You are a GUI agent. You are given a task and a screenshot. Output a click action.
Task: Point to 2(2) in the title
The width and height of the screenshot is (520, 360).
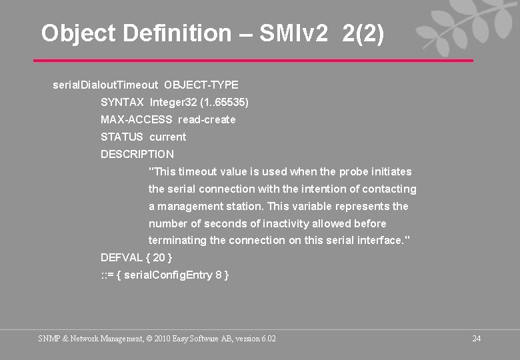tap(363, 33)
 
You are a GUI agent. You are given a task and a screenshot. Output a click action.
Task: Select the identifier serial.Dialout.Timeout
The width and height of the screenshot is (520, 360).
tap(105, 85)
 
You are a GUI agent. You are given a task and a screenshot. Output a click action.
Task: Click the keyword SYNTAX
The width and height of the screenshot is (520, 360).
tap(122, 102)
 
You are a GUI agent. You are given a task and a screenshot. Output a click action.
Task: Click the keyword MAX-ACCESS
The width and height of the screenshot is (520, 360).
tap(136, 119)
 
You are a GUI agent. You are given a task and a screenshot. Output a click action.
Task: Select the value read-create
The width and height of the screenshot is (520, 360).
tap(207, 119)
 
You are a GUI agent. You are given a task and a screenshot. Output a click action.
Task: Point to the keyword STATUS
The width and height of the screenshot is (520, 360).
tap(122, 137)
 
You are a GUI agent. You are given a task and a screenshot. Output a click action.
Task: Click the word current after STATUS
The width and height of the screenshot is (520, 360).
tap(168, 137)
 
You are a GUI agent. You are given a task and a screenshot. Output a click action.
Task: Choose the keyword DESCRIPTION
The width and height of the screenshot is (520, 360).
tap(137, 154)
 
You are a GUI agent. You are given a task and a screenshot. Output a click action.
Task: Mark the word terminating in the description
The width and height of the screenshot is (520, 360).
tap(177, 241)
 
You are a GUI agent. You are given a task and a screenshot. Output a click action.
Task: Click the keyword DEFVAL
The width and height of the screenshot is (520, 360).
tap(121, 257)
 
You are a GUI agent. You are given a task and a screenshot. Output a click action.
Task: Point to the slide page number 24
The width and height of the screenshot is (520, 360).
tap(476, 339)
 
